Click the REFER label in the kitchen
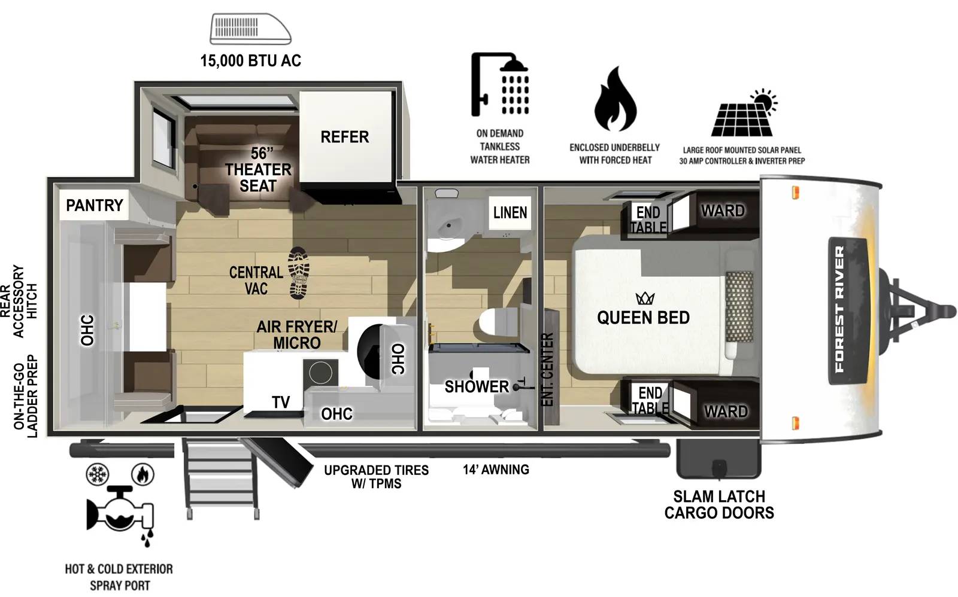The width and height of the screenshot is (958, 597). [x=344, y=137]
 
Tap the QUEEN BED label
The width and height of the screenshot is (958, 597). [x=643, y=318]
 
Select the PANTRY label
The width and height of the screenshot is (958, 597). [x=94, y=206]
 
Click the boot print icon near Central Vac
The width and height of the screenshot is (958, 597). [x=298, y=273]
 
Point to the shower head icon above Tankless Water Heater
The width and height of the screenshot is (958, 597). [x=501, y=84]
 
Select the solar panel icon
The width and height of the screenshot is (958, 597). [x=742, y=115]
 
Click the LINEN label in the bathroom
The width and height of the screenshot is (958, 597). [x=510, y=212]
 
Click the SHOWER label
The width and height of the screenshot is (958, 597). [x=477, y=387]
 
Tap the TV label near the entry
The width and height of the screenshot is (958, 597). [x=281, y=403]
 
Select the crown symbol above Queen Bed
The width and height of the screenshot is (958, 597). [x=645, y=298]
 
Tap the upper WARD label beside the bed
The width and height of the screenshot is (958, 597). [x=723, y=211]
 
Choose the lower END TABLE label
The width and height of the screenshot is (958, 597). [x=650, y=400]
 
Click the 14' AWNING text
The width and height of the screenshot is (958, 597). [x=496, y=470]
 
